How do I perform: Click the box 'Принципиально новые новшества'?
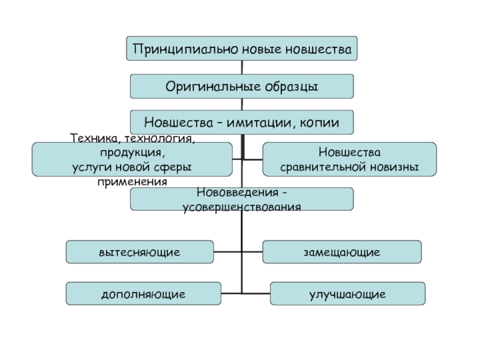pyautogui.click(x=241, y=49)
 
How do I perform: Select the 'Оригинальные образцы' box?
pyautogui.click(x=241, y=86)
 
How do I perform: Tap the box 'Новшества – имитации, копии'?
pyautogui.click(x=241, y=122)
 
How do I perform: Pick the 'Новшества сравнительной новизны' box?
pyautogui.click(x=349, y=160)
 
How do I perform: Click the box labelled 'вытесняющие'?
pyautogui.click(x=139, y=252)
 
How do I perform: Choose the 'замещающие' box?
pyautogui.click(x=341, y=252)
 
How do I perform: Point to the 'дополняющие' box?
pyautogui.click(x=143, y=294)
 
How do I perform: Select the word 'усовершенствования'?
pyautogui.click(x=241, y=206)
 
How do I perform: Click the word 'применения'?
pyautogui.click(x=132, y=180)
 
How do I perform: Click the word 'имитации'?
pyautogui.click(x=260, y=122)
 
